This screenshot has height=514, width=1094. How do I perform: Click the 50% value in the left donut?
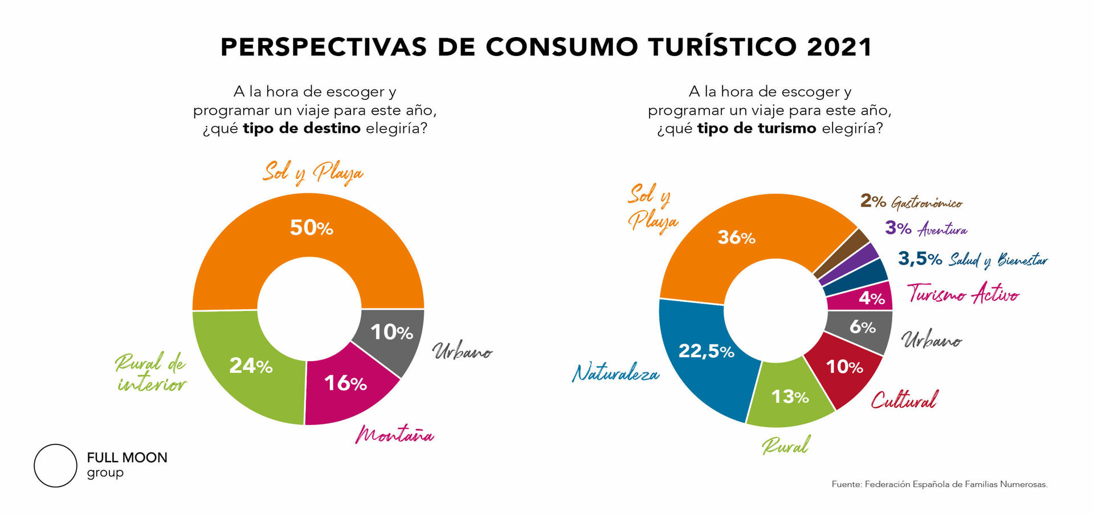[311, 228]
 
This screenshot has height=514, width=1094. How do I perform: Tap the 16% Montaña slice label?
[345, 383]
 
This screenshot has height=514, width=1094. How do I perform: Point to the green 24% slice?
[251, 366]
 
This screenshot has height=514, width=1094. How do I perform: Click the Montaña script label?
[394, 435]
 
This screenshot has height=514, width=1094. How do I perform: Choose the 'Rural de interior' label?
[151, 373]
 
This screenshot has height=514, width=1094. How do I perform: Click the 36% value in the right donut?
[736, 237]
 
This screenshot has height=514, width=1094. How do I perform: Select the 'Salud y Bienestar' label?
[998, 260]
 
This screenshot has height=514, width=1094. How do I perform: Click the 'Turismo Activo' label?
[963, 294]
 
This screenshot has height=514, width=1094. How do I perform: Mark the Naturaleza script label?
[615, 373]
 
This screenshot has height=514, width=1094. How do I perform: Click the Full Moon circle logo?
[55, 466]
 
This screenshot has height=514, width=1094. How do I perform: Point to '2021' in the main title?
[839, 47]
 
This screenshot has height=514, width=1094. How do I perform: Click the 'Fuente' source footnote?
[939, 484]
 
